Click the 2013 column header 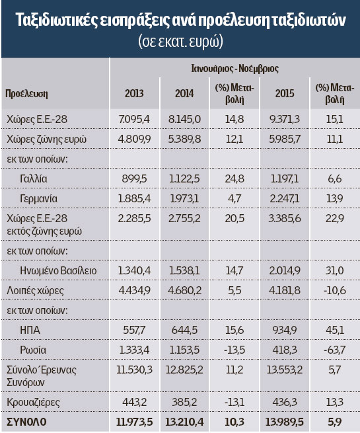pos(134,93)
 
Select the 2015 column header pos(285,93)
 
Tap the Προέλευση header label pos(26,94)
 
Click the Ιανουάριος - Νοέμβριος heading pos(234,69)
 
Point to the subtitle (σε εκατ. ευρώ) pos(181,42)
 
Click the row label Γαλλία pos(34,178)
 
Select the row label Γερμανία pos(38,199)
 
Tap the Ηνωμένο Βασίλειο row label pos(58,270)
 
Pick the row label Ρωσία pos(33,350)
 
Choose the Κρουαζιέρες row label pos(33,403)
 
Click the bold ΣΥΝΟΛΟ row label pos(26,422)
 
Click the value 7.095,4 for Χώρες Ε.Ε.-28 pos(134,119)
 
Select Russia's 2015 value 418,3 pos(285,350)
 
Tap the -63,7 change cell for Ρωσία pos(334,350)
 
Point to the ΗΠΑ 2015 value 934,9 pos(285,331)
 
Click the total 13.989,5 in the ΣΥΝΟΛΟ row pos(285,422)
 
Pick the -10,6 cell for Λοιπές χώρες pos(334,290)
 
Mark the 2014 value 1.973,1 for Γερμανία pos(184,199)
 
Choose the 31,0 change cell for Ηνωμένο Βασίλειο pos(334,270)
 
